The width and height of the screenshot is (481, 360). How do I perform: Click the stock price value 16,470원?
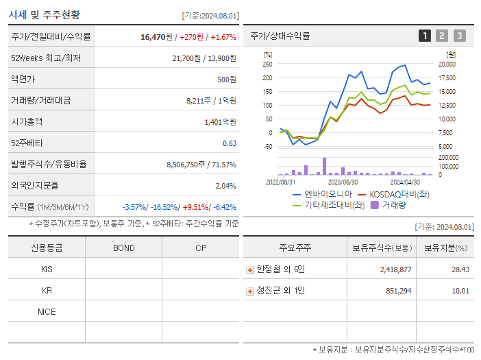click(146, 36)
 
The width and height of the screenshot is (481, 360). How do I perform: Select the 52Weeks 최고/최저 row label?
click(46, 58)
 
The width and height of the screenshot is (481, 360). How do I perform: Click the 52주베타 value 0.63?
click(230, 143)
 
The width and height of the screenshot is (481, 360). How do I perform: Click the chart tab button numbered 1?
click(425, 36)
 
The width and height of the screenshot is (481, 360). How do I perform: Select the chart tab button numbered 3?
click(459, 36)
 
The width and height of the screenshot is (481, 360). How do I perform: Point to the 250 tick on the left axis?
click(267, 64)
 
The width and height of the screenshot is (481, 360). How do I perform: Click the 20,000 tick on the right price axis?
click(447, 64)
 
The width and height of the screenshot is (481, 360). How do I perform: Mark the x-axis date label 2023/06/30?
click(343, 182)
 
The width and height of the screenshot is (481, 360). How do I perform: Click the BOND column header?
click(123, 248)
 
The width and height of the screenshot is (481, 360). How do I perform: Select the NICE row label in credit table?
click(47, 311)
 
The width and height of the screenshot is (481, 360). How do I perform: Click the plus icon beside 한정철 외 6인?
click(249, 269)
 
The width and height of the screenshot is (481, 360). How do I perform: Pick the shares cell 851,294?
click(394, 291)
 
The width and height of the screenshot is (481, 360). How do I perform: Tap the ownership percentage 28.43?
click(460, 269)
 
